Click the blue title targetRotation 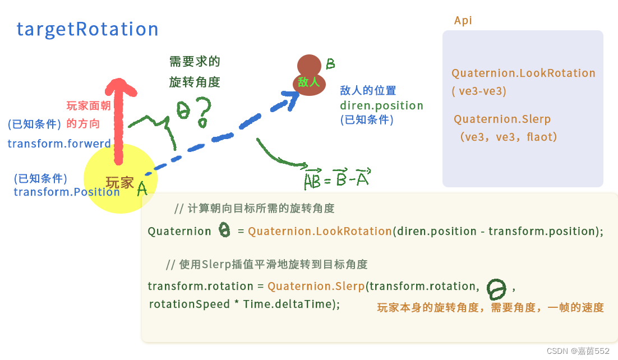coord(87,29)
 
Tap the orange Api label coord(463,21)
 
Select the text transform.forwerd coord(59,144)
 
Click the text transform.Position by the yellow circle coord(66,192)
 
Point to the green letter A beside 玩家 coord(142,188)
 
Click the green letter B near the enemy coord(330,64)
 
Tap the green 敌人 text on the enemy coord(308,82)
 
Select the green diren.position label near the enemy coord(381,105)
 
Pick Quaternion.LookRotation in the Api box coord(523,73)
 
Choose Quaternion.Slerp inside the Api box coord(502,119)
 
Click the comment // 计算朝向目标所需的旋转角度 coord(254,209)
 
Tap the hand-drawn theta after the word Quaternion coord(224,230)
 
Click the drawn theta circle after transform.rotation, coord(496,289)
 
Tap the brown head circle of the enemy coord(309,65)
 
